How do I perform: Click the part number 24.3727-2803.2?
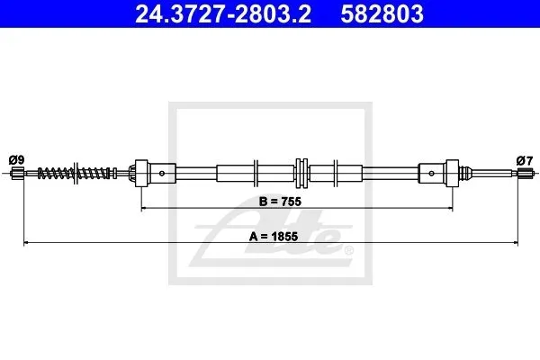[x=223, y=13]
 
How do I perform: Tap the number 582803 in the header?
[x=382, y=13]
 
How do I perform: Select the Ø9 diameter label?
[x=16, y=160]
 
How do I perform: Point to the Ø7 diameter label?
[x=525, y=160]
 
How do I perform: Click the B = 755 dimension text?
[x=280, y=202]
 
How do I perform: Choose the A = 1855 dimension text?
[x=274, y=237]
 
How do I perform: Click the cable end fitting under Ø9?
[x=17, y=173]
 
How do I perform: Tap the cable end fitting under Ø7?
[x=526, y=173]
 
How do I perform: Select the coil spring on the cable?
[x=76, y=173]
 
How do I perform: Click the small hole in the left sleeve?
[x=162, y=174]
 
